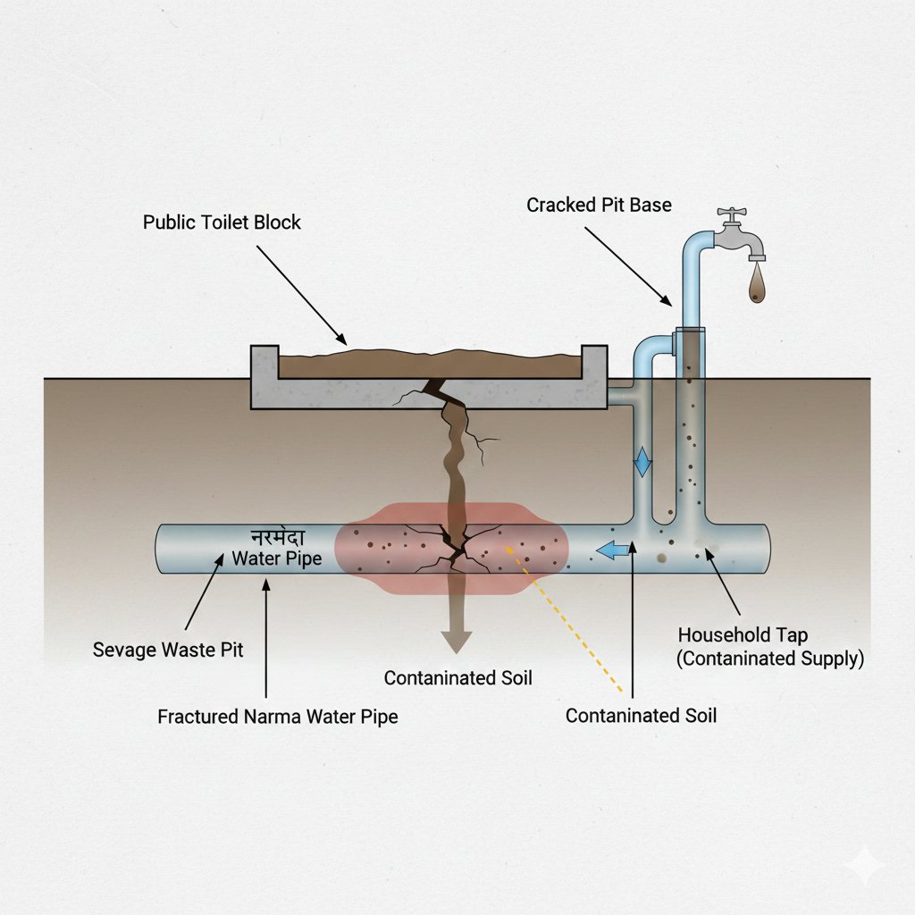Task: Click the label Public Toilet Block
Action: click(222, 222)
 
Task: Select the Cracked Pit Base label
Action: click(599, 206)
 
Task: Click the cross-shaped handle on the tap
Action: click(732, 214)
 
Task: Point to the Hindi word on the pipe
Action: click(277, 539)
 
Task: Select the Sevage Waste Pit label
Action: click(168, 650)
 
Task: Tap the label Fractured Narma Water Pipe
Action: click(278, 716)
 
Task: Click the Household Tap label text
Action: click(743, 635)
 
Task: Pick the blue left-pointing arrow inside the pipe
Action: click(612, 550)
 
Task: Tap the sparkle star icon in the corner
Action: click(866, 865)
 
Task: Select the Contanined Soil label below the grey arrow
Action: click(457, 678)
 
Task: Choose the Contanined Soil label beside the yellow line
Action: click(641, 715)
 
